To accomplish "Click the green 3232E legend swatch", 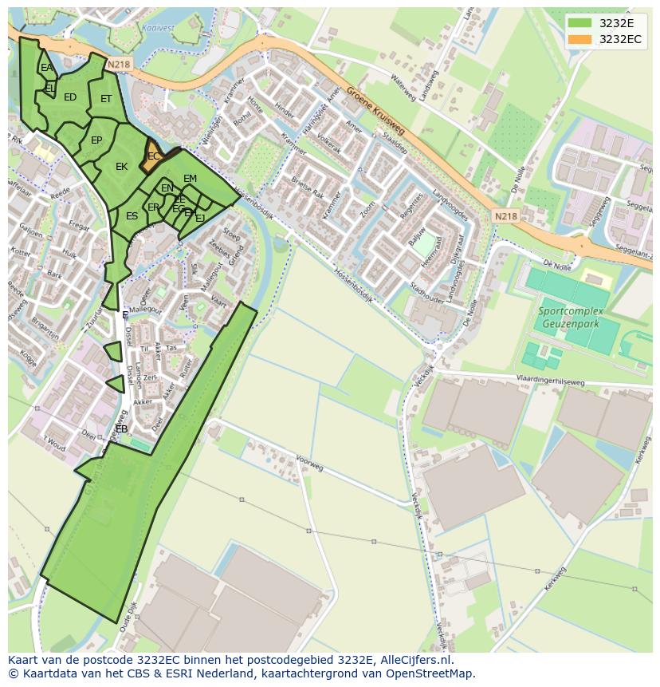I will [x=579, y=23].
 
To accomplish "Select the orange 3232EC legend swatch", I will [x=579, y=39].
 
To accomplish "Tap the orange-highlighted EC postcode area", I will [x=152, y=156].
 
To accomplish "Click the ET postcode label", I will [x=106, y=99].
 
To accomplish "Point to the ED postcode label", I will [x=70, y=97].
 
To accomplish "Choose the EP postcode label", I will [x=96, y=140].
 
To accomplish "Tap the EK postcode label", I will [x=121, y=167].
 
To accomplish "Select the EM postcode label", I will [x=190, y=179].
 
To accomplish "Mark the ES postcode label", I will [x=132, y=216].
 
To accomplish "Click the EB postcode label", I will [x=121, y=429].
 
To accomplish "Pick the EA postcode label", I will [x=46, y=68].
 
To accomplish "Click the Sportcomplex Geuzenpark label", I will [x=570, y=318].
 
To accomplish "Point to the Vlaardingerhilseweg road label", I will [x=550, y=381].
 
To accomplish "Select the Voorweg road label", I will [x=309, y=463].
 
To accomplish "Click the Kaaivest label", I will [x=158, y=26].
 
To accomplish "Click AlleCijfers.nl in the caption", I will [x=414, y=661].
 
